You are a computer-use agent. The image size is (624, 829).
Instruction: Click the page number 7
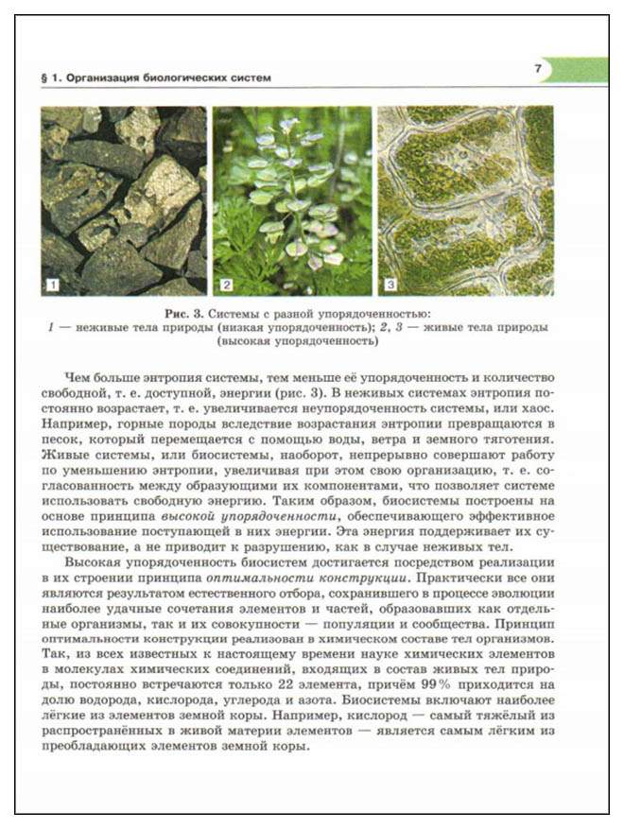(x=537, y=68)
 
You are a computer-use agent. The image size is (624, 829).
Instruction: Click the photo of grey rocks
(x=123, y=199)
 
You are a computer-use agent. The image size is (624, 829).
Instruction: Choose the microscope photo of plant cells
(x=466, y=199)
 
